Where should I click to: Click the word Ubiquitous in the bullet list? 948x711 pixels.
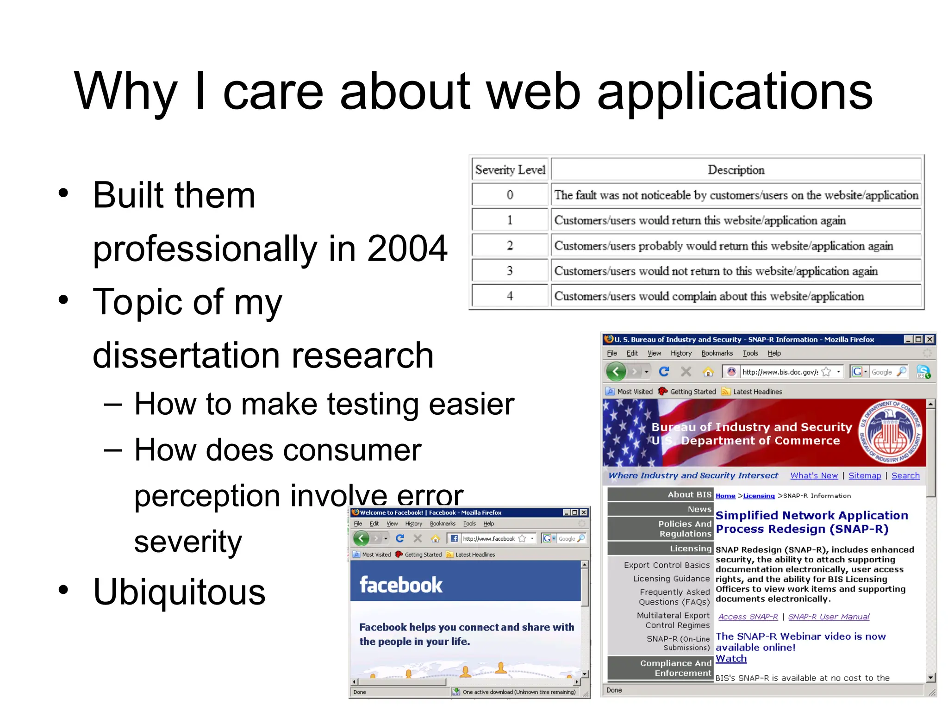179,592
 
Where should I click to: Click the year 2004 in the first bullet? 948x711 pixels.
407,249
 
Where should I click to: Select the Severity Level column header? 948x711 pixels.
510,170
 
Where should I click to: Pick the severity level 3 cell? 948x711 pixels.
510,271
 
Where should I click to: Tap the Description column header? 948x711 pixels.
736,170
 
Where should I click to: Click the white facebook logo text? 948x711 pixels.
401,585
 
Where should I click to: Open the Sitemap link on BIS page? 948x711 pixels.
864,475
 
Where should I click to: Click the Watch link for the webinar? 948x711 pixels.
730,659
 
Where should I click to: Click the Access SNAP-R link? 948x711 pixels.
748,617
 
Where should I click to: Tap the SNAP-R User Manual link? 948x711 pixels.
829,617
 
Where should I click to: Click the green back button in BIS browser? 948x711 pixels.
616,371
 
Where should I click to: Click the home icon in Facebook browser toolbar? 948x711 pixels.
435,538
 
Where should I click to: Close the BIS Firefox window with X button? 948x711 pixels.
929,339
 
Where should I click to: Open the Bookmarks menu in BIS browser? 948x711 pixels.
717,353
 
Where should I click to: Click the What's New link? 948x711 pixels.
814,475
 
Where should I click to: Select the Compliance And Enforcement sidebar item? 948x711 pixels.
675,668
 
